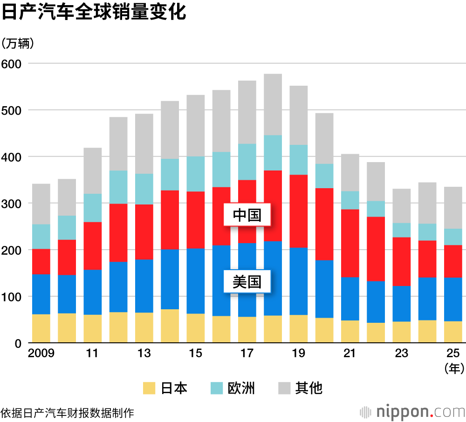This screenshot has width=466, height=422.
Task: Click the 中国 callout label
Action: pyautogui.click(x=247, y=215)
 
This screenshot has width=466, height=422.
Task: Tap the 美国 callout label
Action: pyautogui.click(x=247, y=281)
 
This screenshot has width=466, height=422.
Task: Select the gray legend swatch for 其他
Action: pyautogui.click(x=284, y=388)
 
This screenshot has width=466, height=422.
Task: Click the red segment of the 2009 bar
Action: pyautogui.click(x=41, y=262)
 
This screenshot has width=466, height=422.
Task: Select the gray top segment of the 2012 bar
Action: pyautogui.click(x=118, y=143)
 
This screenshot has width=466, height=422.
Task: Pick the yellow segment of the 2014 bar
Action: pyautogui.click(x=170, y=326)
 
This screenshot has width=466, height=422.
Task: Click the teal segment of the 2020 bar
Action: pyautogui.click(x=324, y=176)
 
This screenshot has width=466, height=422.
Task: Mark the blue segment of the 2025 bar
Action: pyautogui.click(x=453, y=299)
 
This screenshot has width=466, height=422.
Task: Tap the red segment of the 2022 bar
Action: pyautogui.click(x=376, y=249)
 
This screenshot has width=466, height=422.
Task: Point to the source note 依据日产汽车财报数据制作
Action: pyautogui.click(x=68, y=413)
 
